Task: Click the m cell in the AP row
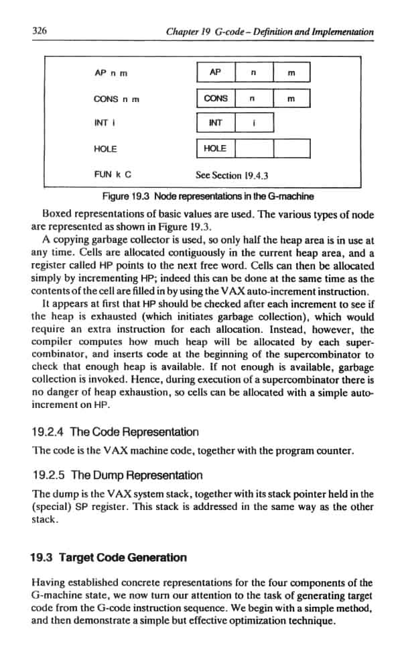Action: [x=291, y=72]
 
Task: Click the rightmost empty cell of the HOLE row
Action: [x=291, y=148]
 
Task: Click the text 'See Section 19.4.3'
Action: [x=232, y=175]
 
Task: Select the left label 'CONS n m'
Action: [x=117, y=99]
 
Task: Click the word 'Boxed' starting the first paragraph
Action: [x=56, y=215]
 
